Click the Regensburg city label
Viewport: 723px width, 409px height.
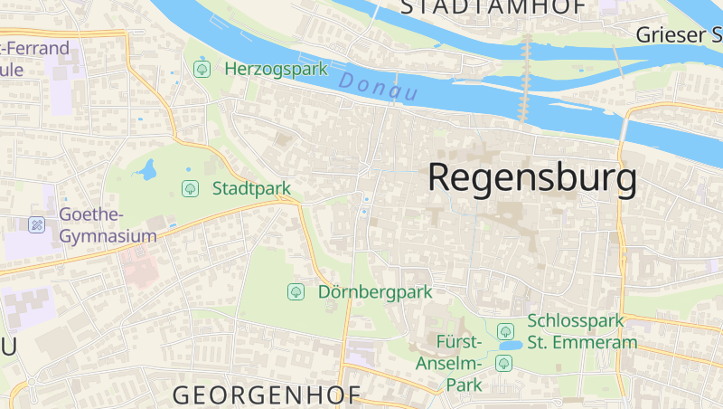[x=532, y=177]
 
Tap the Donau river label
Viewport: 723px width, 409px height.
[x=379, y=87]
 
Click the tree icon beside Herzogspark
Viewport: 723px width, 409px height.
[x=202, y=69]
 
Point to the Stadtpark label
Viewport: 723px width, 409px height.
[x=251, y=188]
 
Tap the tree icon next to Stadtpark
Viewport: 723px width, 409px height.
[x=190, y=188]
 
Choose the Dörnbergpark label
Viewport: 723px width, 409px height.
[x=375, y=291]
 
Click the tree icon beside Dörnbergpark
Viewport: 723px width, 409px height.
[x=295, y=291]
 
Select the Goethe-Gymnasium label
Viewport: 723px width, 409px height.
[x=108, y=225]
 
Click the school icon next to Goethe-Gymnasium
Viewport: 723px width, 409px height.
[x=37, y=224]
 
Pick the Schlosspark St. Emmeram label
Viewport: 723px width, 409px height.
[x=582, y=331]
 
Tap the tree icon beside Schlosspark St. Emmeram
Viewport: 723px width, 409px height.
[x=505, y=330]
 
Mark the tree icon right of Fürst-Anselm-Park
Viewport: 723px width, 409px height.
[x=503, y=363]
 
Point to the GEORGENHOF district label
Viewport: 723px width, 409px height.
[x=267, y=395]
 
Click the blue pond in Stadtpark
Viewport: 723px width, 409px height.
[x=146, y=169]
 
